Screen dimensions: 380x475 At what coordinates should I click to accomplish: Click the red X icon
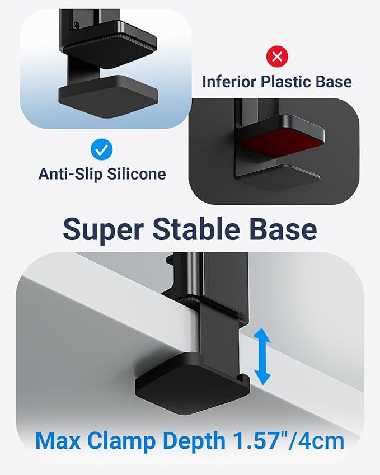click(277, 57)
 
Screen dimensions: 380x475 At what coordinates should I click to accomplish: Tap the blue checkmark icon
click(101, 149)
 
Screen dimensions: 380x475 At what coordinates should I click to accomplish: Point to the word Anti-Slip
click(71, 174)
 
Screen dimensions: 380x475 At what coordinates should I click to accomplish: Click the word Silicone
click(137, 174)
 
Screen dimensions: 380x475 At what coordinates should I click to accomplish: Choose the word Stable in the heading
click(196, 229)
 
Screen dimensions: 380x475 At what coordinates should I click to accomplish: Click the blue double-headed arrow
click(262, 356)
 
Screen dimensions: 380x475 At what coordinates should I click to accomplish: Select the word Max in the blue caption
click(58, 440)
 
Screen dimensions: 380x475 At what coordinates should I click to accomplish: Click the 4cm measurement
click(321, 440)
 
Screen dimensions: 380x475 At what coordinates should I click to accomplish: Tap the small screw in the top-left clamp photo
click(77, 25)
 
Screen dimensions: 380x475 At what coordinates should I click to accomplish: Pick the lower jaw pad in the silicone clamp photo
click(108, 96)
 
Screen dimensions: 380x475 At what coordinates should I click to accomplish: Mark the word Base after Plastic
click(334, 82)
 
